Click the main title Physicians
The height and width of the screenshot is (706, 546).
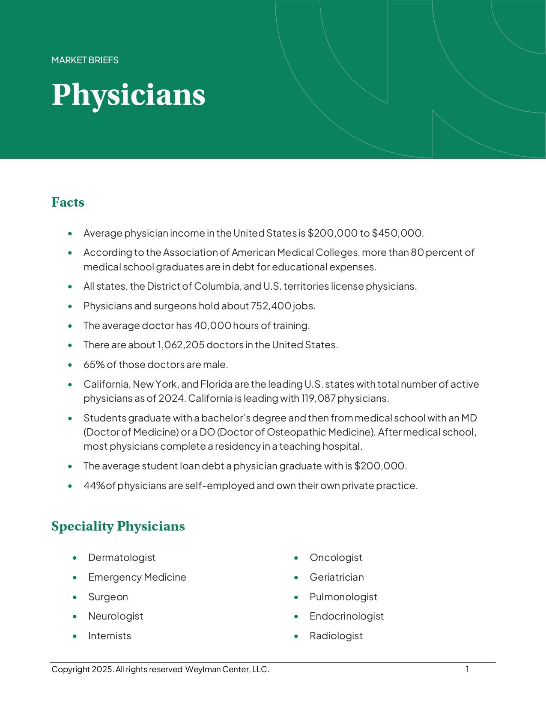click(128, 95)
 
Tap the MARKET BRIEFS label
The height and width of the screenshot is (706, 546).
click(85, 60)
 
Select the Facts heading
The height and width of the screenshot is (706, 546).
click(68, 202)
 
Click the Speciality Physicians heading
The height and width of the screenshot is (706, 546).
click(118, 526)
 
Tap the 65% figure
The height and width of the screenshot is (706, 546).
click(94, 365)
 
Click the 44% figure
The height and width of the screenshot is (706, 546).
click(94, 486)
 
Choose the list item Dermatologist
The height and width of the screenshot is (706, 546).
click(122, 558)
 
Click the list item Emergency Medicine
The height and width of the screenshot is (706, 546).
click(137, 577)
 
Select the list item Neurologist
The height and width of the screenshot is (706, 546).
click(116, 616)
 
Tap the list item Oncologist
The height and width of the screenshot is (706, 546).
click(336, 558)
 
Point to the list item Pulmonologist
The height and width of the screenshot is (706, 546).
click(343, 597)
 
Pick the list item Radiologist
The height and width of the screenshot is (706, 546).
click(336, 636)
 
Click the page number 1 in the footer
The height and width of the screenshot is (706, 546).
click(467, 669)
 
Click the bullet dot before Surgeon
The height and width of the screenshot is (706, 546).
click(75, 597)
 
